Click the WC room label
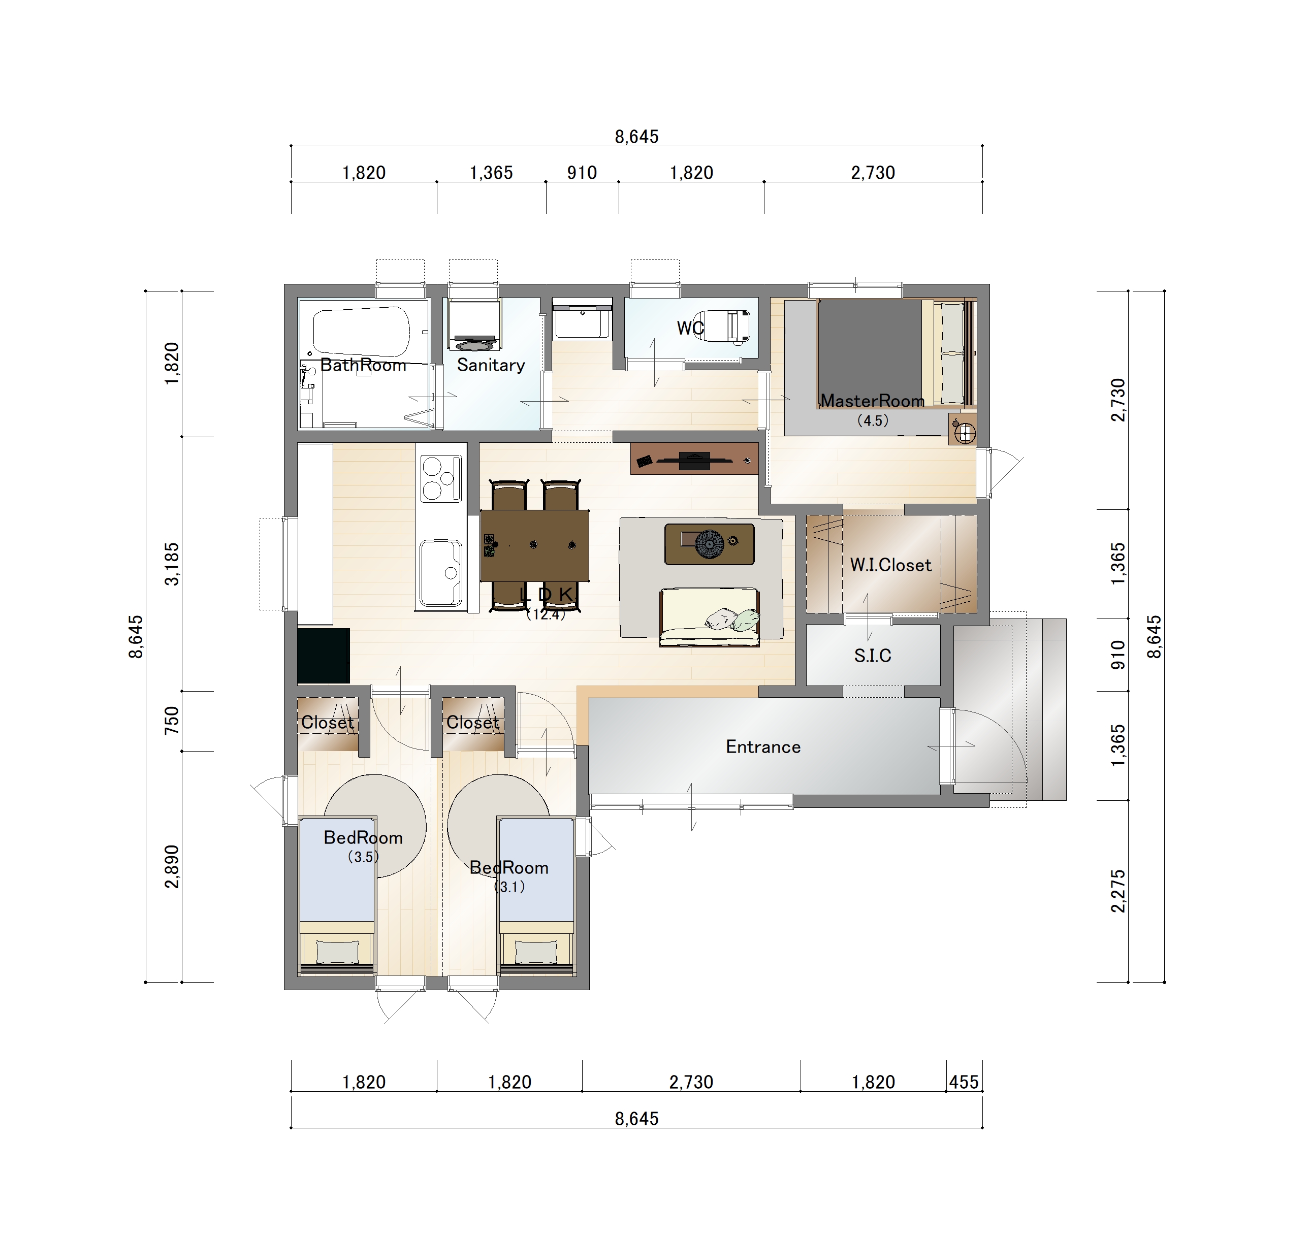690,328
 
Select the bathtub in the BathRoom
362,332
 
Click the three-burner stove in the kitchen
440,478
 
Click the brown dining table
534,545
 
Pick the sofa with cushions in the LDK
710,618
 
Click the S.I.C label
873,656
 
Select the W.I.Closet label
890,565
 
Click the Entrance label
763,747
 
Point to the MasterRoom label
872,401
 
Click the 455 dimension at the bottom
964,1082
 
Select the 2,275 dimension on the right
1118,892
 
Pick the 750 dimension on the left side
172,721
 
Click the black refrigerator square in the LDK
323,656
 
